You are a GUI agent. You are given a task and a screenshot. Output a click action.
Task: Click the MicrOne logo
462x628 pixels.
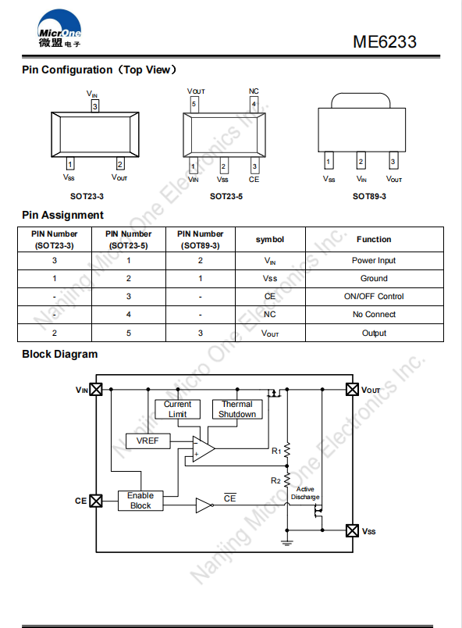pyautogui.click(x=59, y=29)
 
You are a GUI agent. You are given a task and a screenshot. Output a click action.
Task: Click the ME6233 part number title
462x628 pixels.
pyautogui.click(x=385, y=41)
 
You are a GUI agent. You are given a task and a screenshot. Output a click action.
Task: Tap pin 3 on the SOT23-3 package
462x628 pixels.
pyautogui.click(x=94, y=106)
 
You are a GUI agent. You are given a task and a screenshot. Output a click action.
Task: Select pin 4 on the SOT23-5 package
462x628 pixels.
pyautogui.click(x=254, y=105)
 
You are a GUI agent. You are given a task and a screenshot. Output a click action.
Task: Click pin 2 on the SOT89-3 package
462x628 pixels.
pyautogui.click(x=361, y=161)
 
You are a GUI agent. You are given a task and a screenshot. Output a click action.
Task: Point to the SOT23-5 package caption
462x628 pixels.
pyautogui.click(x=226, y=196)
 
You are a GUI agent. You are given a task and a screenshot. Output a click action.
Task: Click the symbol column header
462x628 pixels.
pyautogui.click(x=270, y=240)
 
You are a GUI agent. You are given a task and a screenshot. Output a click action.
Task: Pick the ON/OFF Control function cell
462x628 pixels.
pyautogui.click(x=374, y=296)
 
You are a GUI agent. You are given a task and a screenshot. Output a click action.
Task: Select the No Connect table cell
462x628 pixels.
pyautogui.click(x=374, y=315)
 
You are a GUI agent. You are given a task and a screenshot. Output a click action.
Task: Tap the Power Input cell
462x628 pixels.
pyautogui.click(x=374, y=260)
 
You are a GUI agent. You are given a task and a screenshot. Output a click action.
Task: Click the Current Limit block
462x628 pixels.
pyautogui.click(x=178, y=409)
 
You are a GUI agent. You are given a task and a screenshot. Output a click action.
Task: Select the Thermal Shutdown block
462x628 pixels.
pyautogui.click(x=237, y=409)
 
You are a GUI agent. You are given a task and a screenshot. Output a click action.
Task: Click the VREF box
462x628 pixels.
pyautogui.click(x=147, y=441)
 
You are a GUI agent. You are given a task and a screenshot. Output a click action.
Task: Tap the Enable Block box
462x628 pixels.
pyautogui.click(x=140, y=501)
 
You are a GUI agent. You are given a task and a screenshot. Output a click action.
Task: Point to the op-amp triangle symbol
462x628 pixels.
pyautogui.click(x=203, y=448)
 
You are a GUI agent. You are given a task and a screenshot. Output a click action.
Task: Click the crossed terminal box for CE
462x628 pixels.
pyautogui.click(x=96, y=501)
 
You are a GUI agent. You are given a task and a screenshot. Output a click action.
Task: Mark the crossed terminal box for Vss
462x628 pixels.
pyautogui.click(x=352, y=530)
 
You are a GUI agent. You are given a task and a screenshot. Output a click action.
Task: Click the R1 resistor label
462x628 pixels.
pyautogui.click(x=276, y=451)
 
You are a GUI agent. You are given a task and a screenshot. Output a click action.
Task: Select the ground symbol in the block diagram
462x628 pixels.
pyautogui.click(x=287, y=543)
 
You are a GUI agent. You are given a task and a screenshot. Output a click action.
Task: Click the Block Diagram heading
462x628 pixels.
pyautogui.click(x=60, y=355)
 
